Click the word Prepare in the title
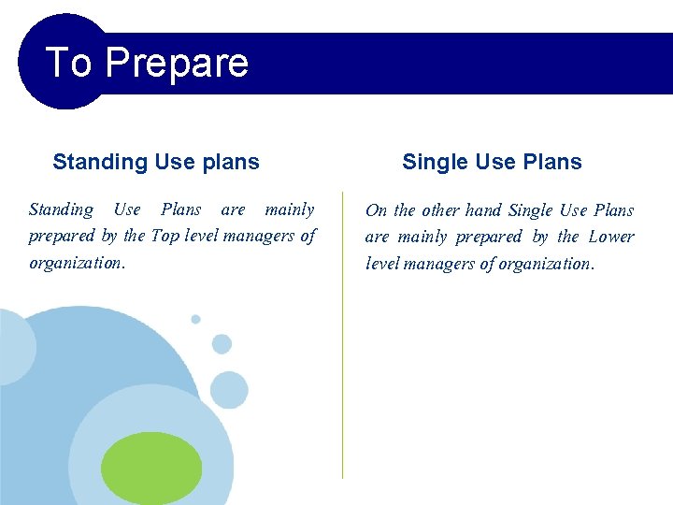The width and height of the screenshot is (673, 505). pos(177,63)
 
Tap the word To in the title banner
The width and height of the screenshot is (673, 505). pos(68,63)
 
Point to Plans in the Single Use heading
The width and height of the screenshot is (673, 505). pos(552,162)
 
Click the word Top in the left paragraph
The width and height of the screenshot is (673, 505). pos(165,236)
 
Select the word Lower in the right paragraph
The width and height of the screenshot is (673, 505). pos(611,237)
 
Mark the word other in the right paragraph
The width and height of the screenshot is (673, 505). pos(440,210)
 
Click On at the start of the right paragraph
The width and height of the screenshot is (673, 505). pos(376,210)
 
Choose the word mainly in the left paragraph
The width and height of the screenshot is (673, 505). pos(290,209)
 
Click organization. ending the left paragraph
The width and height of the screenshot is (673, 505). pos(77,263)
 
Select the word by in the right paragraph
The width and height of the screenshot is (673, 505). pos(540,237)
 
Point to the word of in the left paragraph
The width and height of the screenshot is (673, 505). pos(308,236)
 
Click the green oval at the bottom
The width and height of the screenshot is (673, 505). pos(151,468)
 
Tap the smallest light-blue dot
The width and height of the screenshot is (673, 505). pos(195,319)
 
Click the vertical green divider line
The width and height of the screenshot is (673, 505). pos(342,374)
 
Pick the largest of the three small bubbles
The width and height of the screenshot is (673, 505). pos(229,389)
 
